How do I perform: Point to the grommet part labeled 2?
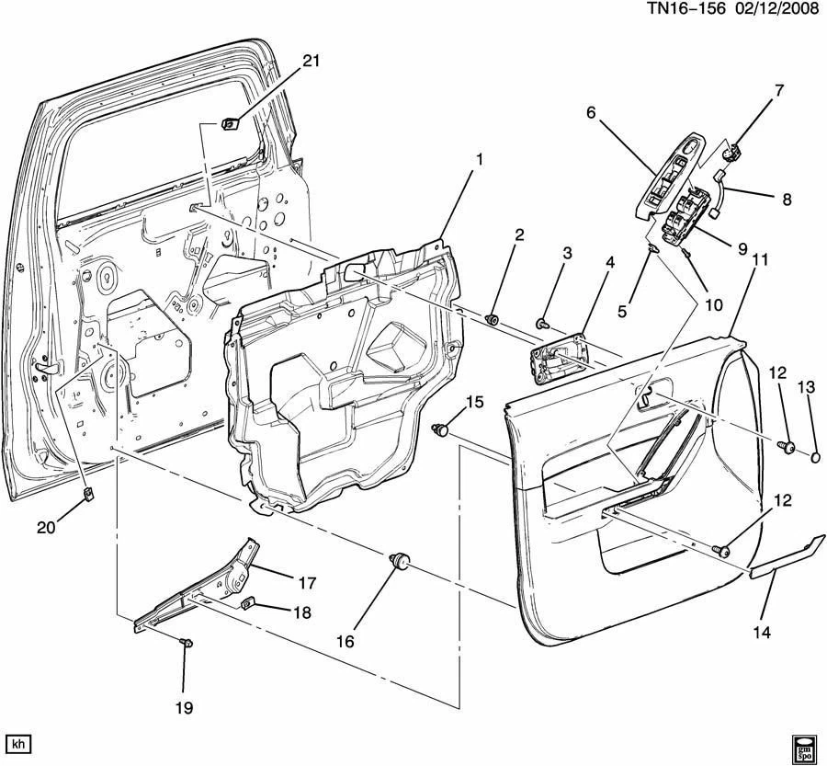tap(493, 319)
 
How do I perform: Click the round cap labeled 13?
tap(816, 455)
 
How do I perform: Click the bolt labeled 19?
tap(186, 644)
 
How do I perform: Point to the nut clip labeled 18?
tap(247, 604)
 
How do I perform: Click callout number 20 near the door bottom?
tap(45, 527)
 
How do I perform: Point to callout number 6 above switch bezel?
tap(591, 112)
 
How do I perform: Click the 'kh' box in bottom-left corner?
tap(17, 742)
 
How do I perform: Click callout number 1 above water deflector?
tap(478, 159)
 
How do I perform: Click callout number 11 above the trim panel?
tap(758, 261)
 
